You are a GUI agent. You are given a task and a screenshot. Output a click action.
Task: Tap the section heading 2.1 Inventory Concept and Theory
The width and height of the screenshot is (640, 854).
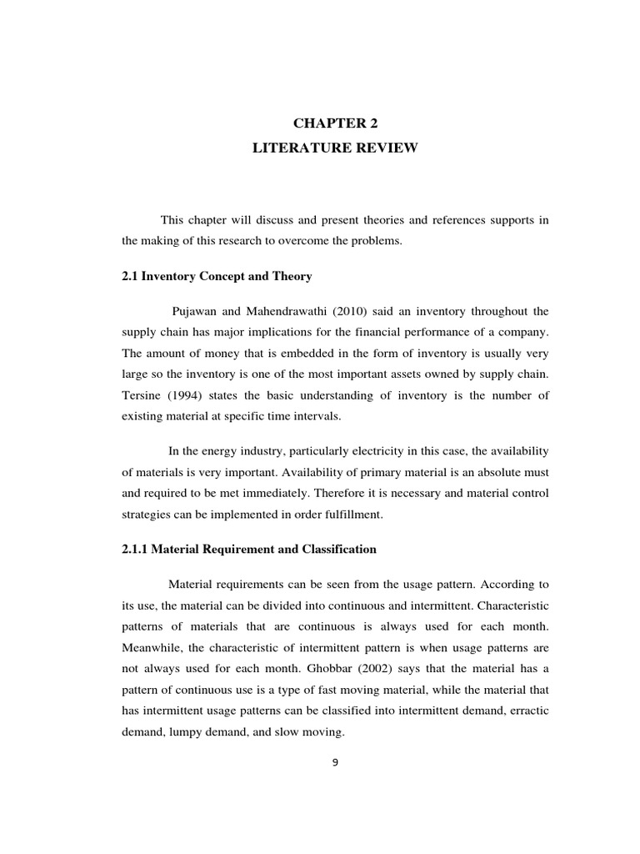pyautogui.click(x=217, y=276)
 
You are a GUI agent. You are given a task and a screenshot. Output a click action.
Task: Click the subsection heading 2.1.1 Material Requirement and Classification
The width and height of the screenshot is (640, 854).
pyautogui.click(x=249, y=550)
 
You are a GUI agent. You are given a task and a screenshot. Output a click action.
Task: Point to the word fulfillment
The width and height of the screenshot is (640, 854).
pyautogui.click(x=352, y=514)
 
